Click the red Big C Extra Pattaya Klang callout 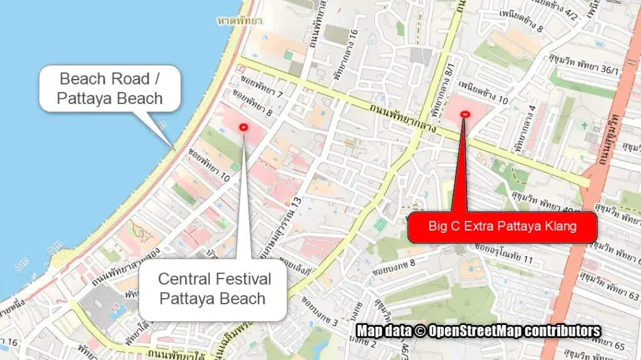502,227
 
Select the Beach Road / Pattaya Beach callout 110,88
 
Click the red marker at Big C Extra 464,114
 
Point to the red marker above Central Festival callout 244,127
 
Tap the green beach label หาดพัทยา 240,21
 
